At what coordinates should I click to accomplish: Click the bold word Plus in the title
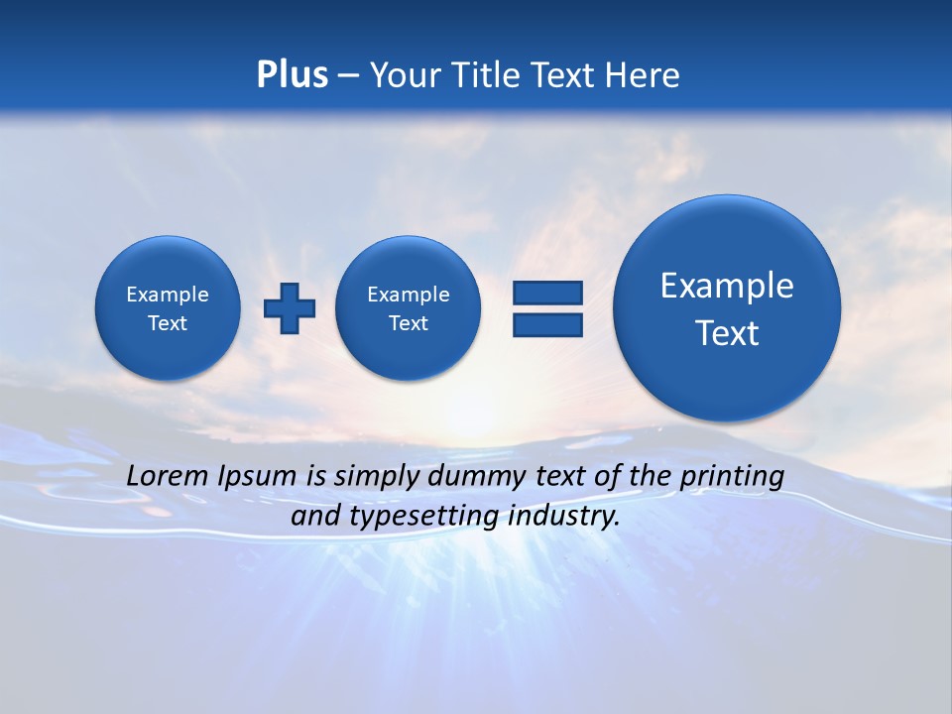click(x=292, y=74)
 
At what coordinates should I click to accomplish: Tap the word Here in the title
click(x=645, y=75)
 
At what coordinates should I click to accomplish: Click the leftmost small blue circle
click(x=167, y=307)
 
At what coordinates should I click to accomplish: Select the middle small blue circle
click(x=408, y=307)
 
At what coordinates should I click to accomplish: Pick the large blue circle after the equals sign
click(x=727, y=307)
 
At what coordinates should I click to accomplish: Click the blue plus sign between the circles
click(x=290, y=307)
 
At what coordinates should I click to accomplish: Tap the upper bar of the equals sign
click(x=547, y=293)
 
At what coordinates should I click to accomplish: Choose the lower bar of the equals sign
click(x=547, y=324)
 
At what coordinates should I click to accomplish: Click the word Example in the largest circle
click(x=727, y=286)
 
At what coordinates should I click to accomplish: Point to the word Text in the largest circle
click(x=727, y=333)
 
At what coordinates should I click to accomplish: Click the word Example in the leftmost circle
click(x=168, y=295)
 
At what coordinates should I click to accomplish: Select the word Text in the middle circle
click(x=409, y=323)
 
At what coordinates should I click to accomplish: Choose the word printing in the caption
click(x=734, y=477)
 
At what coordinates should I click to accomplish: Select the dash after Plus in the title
click(x=348, y=75)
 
